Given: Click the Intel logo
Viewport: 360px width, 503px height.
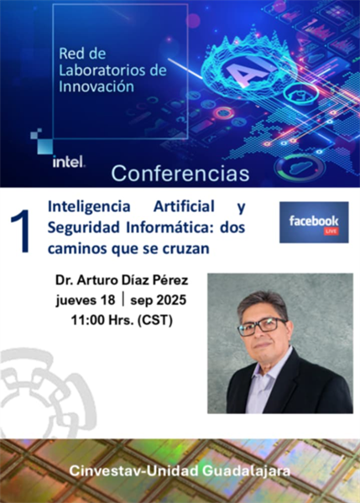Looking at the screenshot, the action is [69, 161].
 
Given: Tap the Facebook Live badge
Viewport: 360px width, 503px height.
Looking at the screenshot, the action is [314, 222].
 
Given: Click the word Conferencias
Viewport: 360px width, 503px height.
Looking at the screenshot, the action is [180, 174].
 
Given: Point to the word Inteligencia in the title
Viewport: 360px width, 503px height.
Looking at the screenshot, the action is [89, 207].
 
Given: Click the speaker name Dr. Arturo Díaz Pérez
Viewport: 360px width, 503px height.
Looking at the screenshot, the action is [122, 280].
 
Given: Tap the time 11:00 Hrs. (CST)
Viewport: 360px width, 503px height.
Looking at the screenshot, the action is [122, 320].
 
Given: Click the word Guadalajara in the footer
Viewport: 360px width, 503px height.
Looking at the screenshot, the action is [247, 471].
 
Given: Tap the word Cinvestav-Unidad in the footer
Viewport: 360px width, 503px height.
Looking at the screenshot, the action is [134, 471].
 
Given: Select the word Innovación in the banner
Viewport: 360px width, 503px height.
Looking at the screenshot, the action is [97, 86].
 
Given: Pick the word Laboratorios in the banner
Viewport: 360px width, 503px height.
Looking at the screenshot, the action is [101, 70].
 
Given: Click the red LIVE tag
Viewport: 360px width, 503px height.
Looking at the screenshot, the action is [331, 231].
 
